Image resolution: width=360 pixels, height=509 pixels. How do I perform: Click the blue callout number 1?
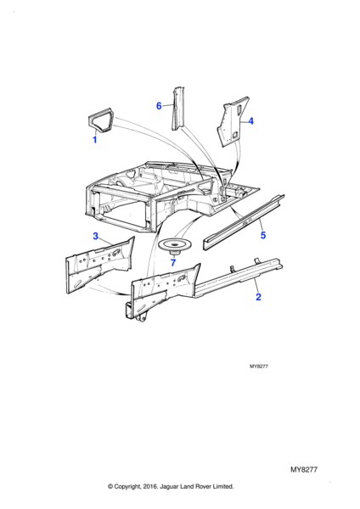coord(95,140)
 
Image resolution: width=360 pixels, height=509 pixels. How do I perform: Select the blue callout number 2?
coord(258,297)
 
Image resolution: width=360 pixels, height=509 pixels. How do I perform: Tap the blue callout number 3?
coord(96,236)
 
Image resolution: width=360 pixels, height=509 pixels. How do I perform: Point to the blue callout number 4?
coord(250,121)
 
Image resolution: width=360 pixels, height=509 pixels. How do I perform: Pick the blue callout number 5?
coord(263,235)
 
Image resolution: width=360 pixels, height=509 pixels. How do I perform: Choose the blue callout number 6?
coord(159,106)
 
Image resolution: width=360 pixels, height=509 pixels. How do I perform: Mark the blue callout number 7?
coord(173,262)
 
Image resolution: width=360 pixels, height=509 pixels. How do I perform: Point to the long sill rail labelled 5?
coord(244,222)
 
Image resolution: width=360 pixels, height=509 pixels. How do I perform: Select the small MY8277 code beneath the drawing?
coord(259,366)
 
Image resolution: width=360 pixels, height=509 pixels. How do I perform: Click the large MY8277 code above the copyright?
coord(304,469)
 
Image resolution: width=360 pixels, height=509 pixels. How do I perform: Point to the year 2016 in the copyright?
coord(150,486)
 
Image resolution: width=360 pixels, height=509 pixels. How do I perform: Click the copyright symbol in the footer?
coord(110,486)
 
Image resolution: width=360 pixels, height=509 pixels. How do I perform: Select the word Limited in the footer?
coord(223,486)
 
